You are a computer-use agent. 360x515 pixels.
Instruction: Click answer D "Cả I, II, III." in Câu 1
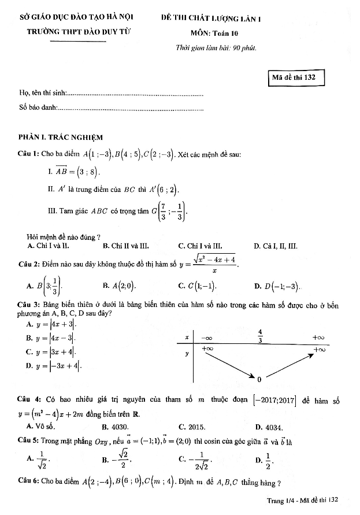pos(276,246)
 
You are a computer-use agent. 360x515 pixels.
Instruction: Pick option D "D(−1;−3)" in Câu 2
pos(277,286)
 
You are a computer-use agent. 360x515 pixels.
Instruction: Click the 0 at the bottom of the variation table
pos(259,379)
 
